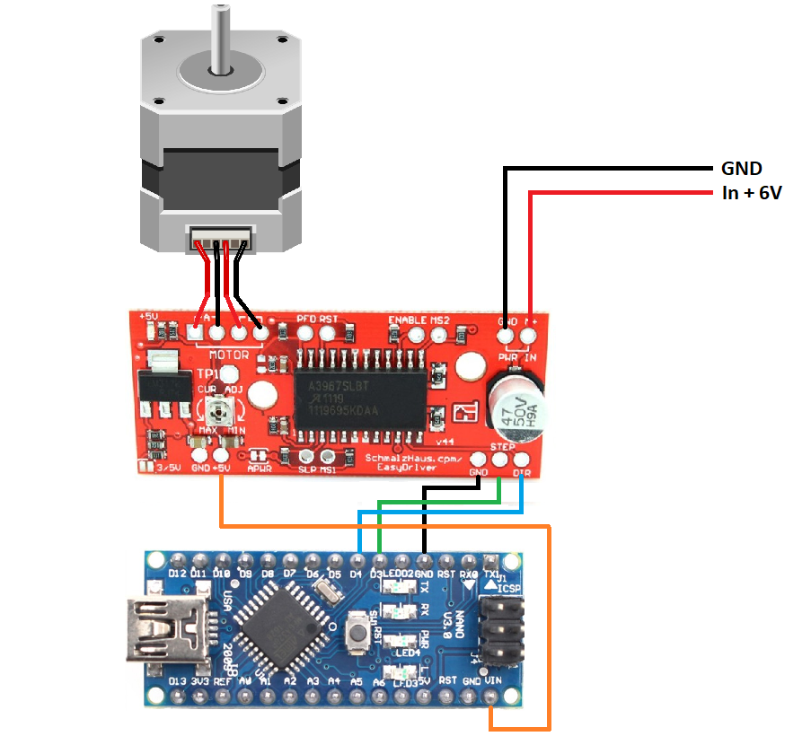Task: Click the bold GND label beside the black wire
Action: pos(742,168)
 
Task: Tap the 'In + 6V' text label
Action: pos(752,192)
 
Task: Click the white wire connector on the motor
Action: pos(220,240)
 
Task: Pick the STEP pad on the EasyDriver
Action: pos(500,460)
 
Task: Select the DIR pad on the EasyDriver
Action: pos(522,460)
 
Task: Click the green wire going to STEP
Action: pos(440,500)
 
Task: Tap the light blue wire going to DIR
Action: pos(440,512)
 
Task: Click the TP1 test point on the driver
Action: pos(230,373)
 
